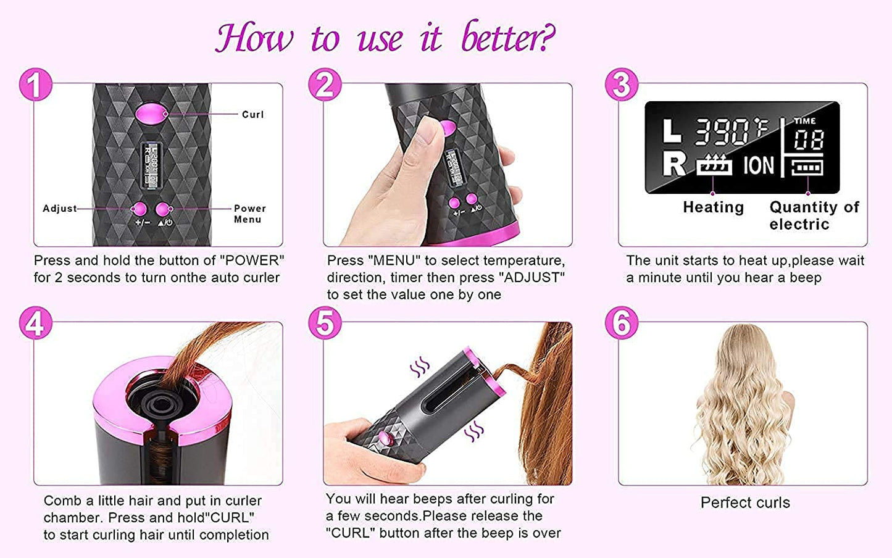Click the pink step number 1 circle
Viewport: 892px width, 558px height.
click(x=35, y=85)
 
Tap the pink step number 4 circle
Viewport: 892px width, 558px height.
click(x=35, y=323)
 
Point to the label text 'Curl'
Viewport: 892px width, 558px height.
click(x=252, y=115)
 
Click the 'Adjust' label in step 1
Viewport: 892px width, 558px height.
click(x=60, y=209)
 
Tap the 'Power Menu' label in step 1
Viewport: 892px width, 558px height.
click(x=249, y=214)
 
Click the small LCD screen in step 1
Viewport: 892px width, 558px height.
click(x=151, y=165)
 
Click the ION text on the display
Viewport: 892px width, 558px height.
click(x=758, y=165)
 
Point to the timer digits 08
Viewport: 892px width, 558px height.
click(x=809, y=140)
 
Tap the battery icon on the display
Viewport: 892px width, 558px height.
click(x=807, y=167)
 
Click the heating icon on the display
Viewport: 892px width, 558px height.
click(x=714, y=165)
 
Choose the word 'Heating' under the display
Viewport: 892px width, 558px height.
click(x=713, y=207)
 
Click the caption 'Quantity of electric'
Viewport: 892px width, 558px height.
click(x=814, y=215)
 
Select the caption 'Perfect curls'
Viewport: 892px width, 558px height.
click(x=744, y=503)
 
